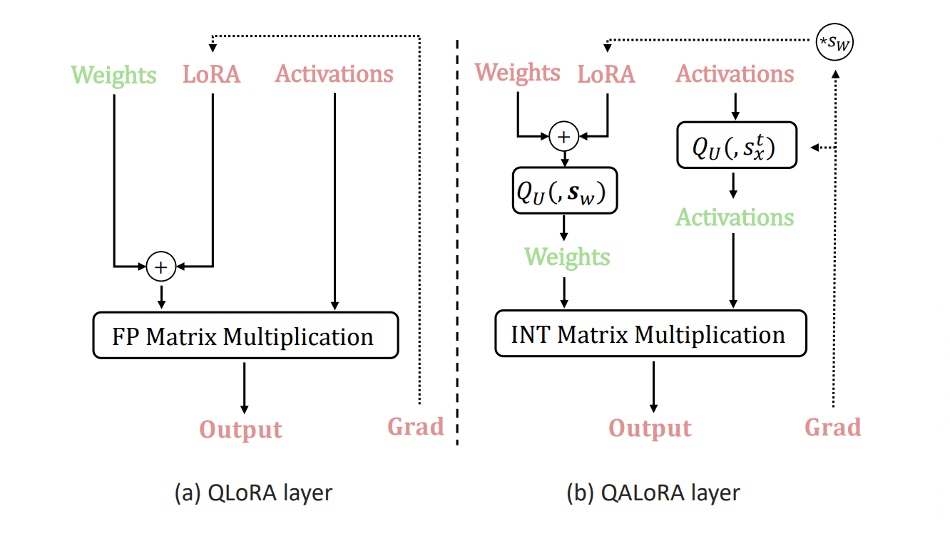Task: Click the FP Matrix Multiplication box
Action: pyautogui.click(x=245, y=336)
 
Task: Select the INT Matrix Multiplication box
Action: pyautogui.click(x=650, y=334)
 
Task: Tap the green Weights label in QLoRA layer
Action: pyautogui.click(x=114, y=75)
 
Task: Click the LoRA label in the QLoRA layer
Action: pyautogui.click(x=212, y=75)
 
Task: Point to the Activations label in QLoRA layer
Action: pyautogui.click(x=334, y=74)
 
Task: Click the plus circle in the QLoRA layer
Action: pyautogui.click(x=161, y=267)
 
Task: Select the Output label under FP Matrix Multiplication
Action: pyautogui.click(x=241, y=430)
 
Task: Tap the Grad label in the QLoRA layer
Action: pyautogui.click(x=416, y=427)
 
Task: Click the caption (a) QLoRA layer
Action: pyautogui.click(x=253, y=493)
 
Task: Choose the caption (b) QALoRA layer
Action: pyautogui.click(x=653, y=493)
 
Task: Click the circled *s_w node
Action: pyautogui.click(x=834, y=44)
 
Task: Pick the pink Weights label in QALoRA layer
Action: pyautogui.click(x=518, y=73)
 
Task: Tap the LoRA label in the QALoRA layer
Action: pyautogui.click(x=606, y=74)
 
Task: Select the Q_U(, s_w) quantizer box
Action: pyautogui.click(x=564, y=191)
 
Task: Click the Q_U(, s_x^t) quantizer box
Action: pyautogui.click(x=736, y=147)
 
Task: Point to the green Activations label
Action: pyautogui.click(x=735, y=217)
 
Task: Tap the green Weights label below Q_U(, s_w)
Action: pyautogui.click(x=567, y=257)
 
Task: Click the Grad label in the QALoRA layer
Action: pyautogui.click(x=833, y=427)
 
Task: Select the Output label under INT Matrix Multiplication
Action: pyautogui.click(x=650, y=428)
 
